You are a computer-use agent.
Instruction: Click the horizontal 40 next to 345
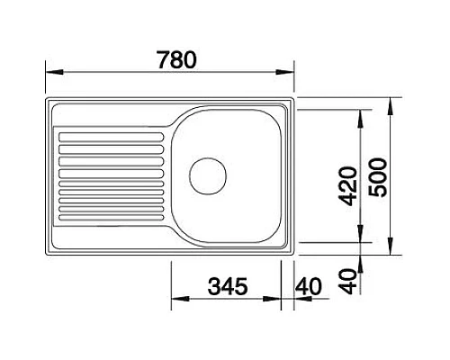pyautogui.click(x=309, y=290)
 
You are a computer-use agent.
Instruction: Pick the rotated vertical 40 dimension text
pyautogui.click(x=346, y=277)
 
